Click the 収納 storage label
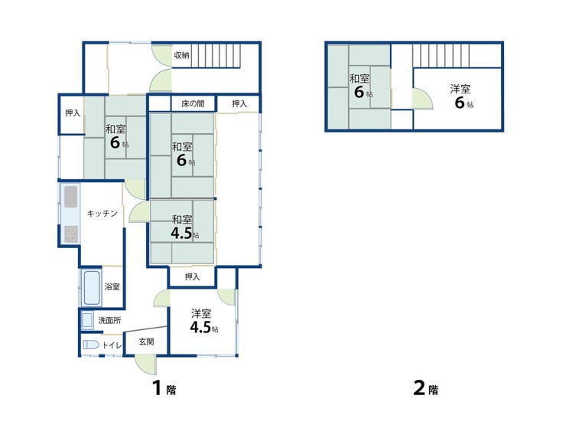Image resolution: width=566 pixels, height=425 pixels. click(x=181, y=55)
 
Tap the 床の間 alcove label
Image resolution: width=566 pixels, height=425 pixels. click(x=193, y=103)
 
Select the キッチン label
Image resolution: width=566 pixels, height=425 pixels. click(x=102, y=213)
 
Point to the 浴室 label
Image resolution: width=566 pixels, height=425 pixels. click(x=112, y=286)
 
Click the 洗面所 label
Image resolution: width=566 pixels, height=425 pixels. click(x=109, y=320)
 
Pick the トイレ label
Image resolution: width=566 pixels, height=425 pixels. click(x=112, y=345)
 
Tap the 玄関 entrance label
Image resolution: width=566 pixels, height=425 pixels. click(x=147, y=342)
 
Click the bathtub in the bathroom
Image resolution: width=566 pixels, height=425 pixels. click(x=92, y=288)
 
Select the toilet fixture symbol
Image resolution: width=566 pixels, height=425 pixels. click(x=90, y=345)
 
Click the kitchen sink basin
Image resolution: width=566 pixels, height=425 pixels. click(x=70, y=197)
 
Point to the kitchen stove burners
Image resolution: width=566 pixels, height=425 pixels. click(x=71, y=234)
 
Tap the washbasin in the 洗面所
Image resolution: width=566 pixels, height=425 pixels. click(x=87, y=320)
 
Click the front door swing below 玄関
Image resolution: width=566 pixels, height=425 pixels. click(x=146, y=365)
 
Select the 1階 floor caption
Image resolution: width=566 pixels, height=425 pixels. click(x=164, y=388)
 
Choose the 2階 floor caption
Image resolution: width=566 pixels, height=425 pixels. click(x=426, y=388)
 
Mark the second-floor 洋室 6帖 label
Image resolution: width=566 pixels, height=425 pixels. click(x=462, y=96)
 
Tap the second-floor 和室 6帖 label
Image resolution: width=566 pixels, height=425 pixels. click(x=360, y=86)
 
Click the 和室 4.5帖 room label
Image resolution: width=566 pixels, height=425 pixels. click(x=184, y=227)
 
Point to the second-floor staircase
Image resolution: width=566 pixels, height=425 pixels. click(x=441, y=56)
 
